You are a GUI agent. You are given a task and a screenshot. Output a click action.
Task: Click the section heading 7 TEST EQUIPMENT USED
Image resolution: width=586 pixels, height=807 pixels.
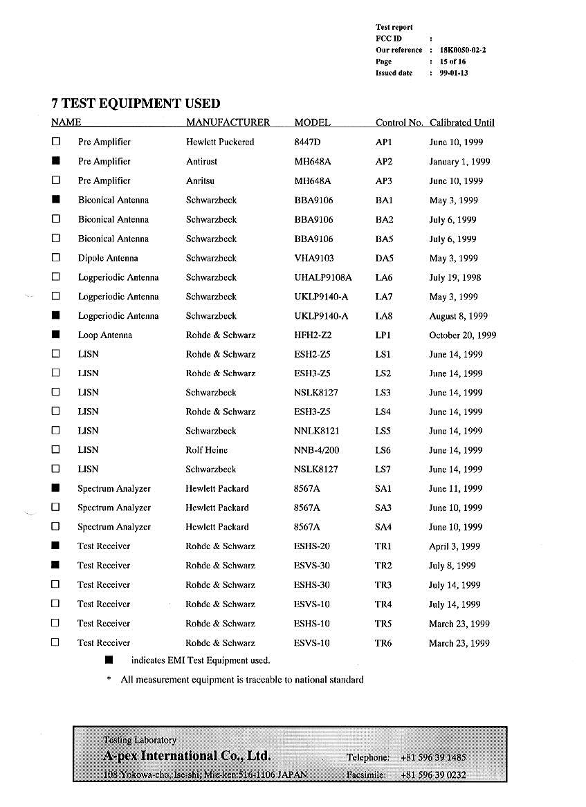136,104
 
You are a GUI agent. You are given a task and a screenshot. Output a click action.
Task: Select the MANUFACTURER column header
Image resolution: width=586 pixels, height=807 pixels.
228,122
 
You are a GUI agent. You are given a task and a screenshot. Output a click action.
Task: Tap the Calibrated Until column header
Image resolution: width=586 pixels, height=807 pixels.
461,122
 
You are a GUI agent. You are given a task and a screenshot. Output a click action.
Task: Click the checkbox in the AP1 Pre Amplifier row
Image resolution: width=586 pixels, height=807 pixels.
56,142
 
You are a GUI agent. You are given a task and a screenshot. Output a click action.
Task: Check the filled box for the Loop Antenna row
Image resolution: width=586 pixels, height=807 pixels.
56,335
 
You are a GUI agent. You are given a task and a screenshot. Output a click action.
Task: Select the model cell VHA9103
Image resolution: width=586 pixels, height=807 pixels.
313,258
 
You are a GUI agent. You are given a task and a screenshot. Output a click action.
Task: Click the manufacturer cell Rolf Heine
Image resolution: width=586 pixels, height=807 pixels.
206,450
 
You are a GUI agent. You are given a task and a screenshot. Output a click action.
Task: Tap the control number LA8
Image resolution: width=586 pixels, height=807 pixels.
384,316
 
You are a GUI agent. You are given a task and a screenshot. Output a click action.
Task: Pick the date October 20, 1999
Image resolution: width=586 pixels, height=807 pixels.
462,335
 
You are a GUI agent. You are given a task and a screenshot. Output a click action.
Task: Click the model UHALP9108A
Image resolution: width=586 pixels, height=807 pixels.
322,277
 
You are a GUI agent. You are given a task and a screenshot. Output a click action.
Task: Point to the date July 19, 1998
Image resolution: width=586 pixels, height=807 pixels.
455,277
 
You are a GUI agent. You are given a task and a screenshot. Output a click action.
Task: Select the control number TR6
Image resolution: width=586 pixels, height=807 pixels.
383,643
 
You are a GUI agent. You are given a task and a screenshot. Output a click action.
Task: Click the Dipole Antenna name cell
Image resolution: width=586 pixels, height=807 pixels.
107,258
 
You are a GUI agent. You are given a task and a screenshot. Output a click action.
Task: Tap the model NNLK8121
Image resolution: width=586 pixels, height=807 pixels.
316,431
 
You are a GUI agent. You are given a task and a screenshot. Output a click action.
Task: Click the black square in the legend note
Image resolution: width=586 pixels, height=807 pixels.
109,660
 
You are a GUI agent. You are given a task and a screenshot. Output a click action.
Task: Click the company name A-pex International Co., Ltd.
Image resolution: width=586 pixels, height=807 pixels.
187,755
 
